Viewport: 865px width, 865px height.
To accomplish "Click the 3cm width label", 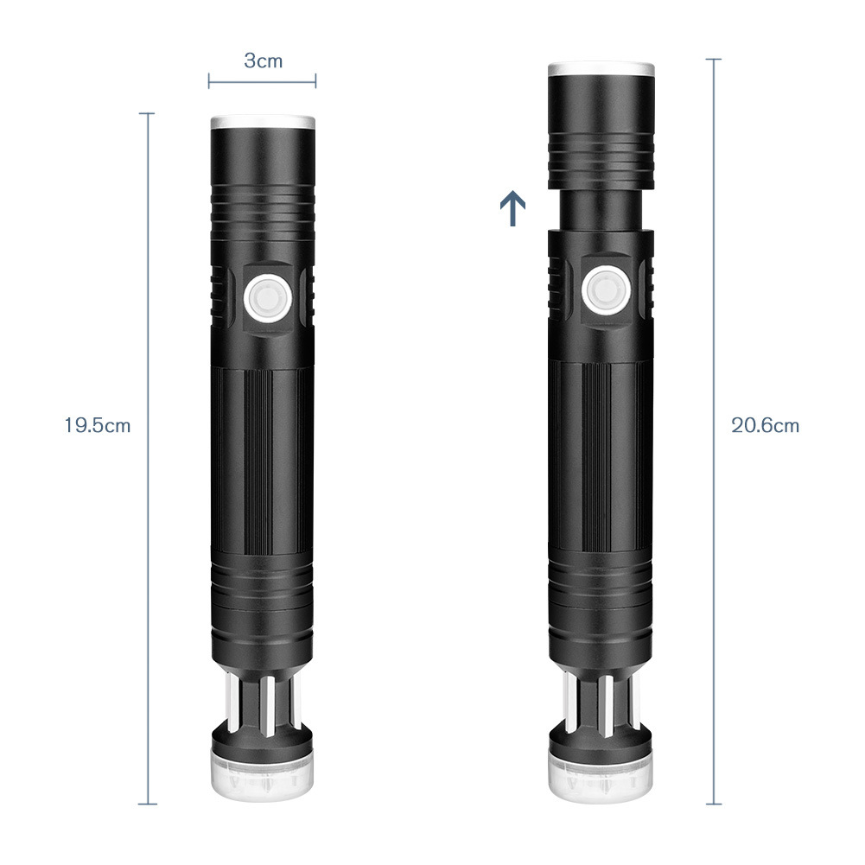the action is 264,60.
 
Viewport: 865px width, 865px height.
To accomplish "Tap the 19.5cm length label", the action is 97,426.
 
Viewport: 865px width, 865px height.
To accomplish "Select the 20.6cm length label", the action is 765,425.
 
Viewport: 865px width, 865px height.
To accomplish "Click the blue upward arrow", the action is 512,208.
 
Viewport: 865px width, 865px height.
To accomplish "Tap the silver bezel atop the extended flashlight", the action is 601,70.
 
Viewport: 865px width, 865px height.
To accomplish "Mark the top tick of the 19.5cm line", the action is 147,113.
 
